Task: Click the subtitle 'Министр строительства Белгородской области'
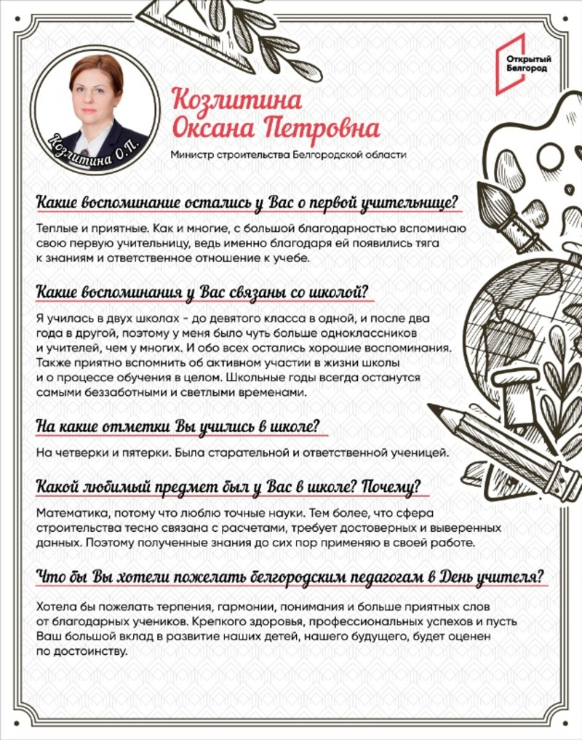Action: click(287, 154)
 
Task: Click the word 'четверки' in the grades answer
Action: click(76, 453)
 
